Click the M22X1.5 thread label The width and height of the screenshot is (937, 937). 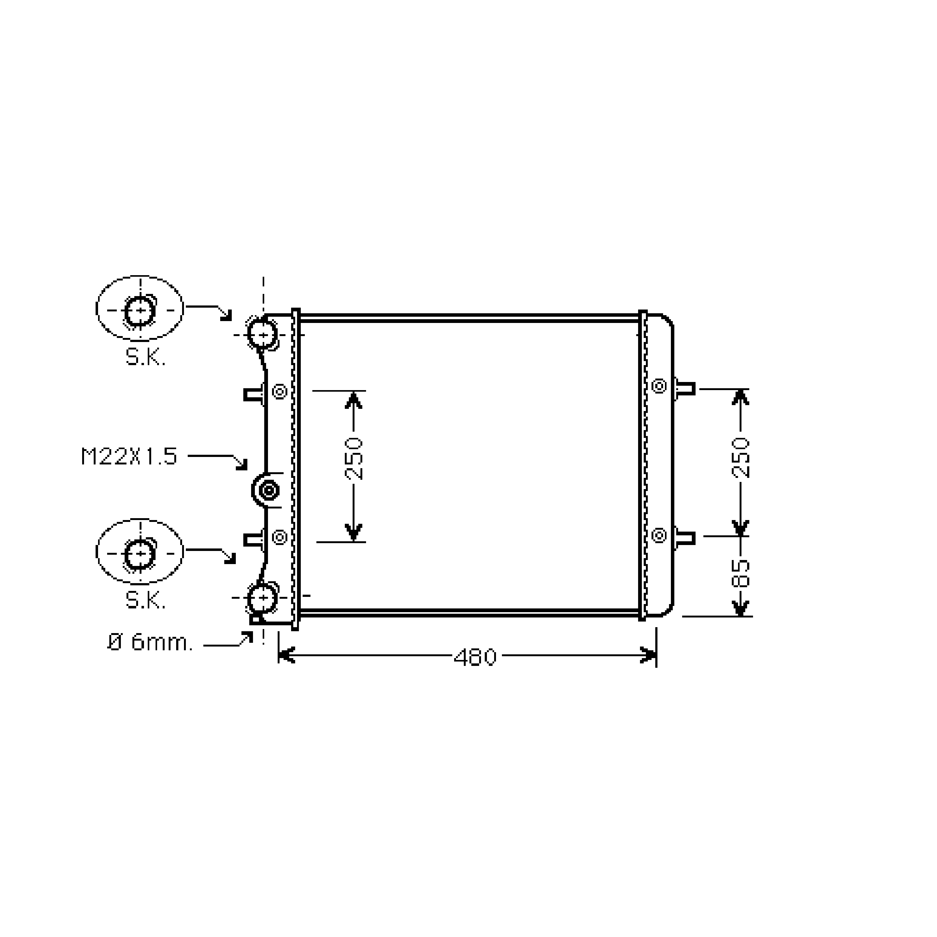click(129, 456)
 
